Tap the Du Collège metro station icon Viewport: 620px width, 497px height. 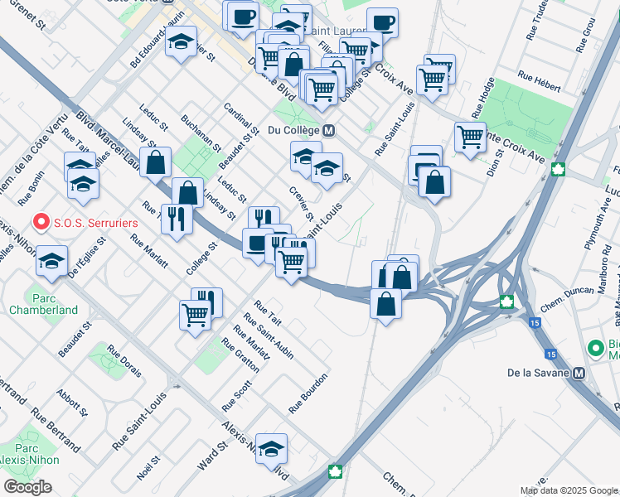(329, 130)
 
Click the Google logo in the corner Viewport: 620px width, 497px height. (27, 487)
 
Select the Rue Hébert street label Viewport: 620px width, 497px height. (539, 75)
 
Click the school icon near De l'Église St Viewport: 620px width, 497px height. (51, 260)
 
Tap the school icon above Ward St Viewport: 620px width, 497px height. (271, 447)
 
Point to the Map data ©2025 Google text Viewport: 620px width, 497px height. (569, 490)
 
